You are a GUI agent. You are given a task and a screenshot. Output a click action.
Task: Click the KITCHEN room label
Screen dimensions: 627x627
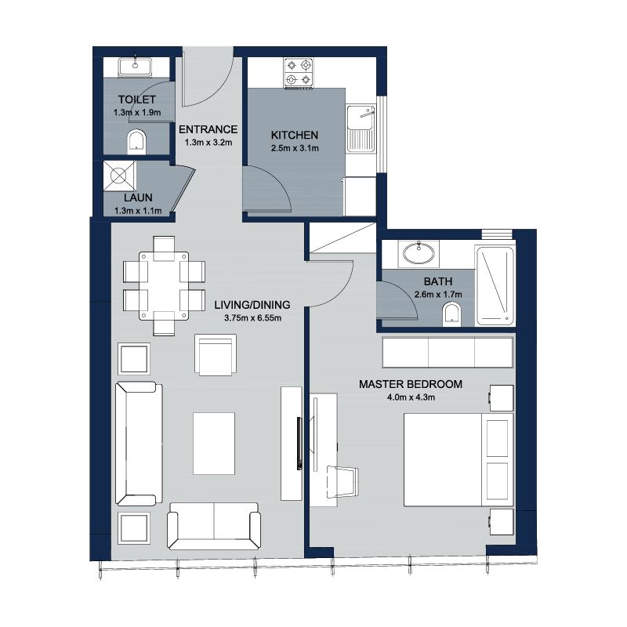point(295,135)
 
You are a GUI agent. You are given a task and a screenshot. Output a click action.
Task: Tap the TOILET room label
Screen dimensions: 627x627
point(136,100)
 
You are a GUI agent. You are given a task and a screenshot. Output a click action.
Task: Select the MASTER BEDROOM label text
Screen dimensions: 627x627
point(411,384)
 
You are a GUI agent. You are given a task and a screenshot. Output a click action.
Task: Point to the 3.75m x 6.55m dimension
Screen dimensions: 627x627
point(252,318)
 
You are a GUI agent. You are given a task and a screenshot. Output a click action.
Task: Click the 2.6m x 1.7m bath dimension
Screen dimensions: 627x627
point(438,295)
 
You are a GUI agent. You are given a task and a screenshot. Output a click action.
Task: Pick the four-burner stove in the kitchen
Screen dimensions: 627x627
point(299,72)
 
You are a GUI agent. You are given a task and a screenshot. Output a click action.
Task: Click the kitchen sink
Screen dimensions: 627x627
point(361,129)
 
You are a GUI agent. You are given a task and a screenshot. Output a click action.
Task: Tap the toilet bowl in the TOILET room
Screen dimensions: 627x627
point(136,142)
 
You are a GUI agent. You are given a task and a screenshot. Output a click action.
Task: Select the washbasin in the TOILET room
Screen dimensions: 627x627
point(135,67)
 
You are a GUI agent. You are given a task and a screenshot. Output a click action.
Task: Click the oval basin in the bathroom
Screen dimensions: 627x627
point(419,253)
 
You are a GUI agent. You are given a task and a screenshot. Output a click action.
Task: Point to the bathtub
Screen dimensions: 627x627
point(495,285)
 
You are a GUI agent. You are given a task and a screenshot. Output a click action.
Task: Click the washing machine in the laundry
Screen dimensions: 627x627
point(120,176)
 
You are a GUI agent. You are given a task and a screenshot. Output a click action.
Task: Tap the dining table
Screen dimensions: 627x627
point(164,286)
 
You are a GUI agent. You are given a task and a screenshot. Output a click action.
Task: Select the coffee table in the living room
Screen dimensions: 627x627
point(214,444)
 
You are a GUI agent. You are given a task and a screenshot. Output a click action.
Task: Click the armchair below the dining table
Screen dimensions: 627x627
point(215,355)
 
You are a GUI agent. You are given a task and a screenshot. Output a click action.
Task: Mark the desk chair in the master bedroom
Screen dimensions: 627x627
point(342,481)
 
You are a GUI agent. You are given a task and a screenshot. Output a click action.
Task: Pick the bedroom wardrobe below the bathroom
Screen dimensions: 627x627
point(448,352)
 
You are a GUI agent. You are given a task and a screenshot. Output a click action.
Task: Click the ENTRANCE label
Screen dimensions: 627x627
point(208,129)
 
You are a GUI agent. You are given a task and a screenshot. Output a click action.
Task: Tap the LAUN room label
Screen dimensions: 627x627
point(138,198)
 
